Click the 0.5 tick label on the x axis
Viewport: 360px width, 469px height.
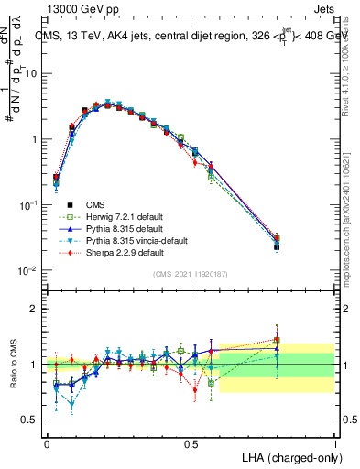coord(191,443)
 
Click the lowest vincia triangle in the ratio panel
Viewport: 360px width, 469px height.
coord(72,403)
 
